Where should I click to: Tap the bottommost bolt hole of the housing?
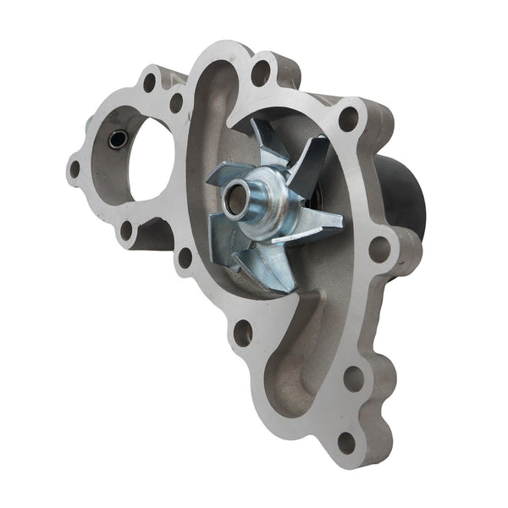pos(345,440)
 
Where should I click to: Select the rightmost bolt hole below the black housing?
pos(379,250)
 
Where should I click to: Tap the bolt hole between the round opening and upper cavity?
pos(177,103)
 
